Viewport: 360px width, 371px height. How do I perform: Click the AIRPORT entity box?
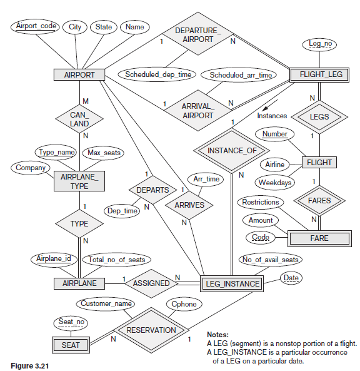(x=79, y=74)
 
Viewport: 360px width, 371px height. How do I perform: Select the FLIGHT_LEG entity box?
(x=321, y=74)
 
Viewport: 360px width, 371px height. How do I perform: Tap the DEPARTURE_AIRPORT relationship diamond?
(x=197, y=34)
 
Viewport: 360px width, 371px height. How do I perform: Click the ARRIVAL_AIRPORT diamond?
(x=197, y=111)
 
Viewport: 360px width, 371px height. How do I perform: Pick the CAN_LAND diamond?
(x=79, y=119)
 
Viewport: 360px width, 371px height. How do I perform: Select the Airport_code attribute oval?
(x=36, y=27)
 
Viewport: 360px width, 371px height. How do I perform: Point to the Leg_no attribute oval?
(x=320, y=43)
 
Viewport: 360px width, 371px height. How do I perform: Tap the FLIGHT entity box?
(x=319, y=163)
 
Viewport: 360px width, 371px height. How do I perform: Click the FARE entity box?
(x=319, y=238)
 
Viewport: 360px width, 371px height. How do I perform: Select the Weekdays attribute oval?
(x=274, y=183)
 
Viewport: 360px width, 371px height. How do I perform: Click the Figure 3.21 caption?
(x=29, y=363)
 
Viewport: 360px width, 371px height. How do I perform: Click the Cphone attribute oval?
(x=183, y=304)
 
